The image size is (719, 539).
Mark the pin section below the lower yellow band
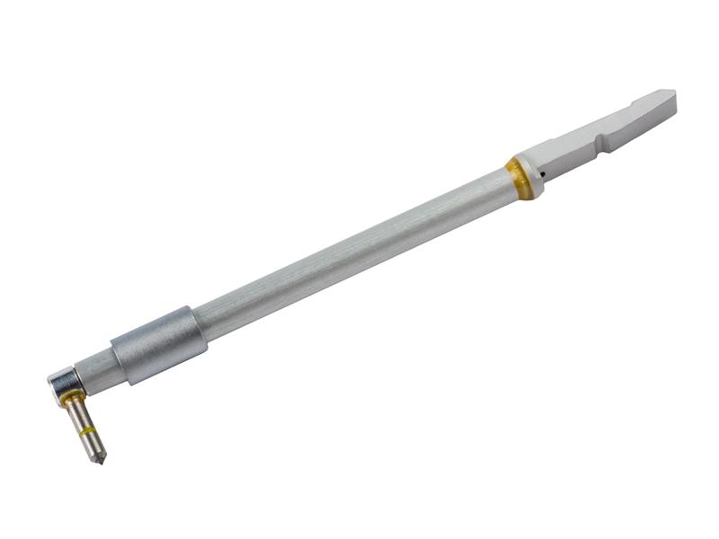point(93,445)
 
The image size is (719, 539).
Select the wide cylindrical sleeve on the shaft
point(159,345)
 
